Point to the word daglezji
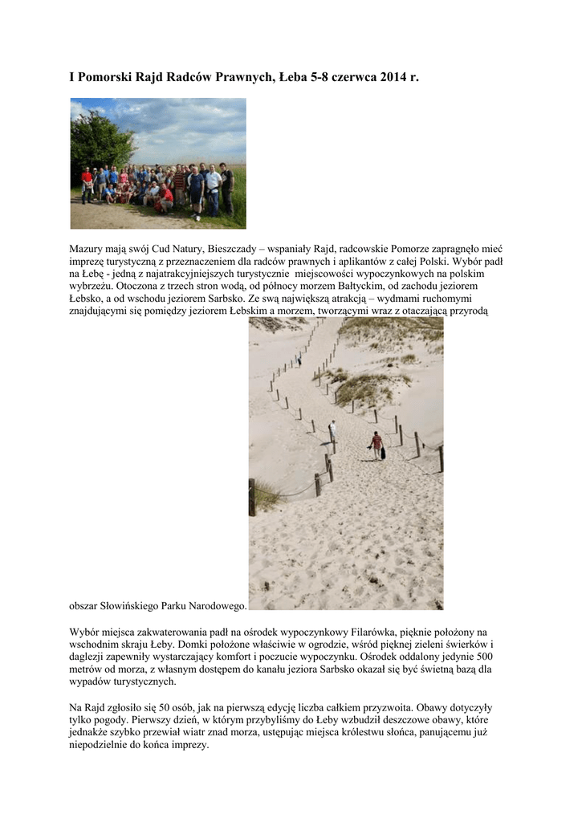tap(91, 657)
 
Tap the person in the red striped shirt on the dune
tap(376, 443)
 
